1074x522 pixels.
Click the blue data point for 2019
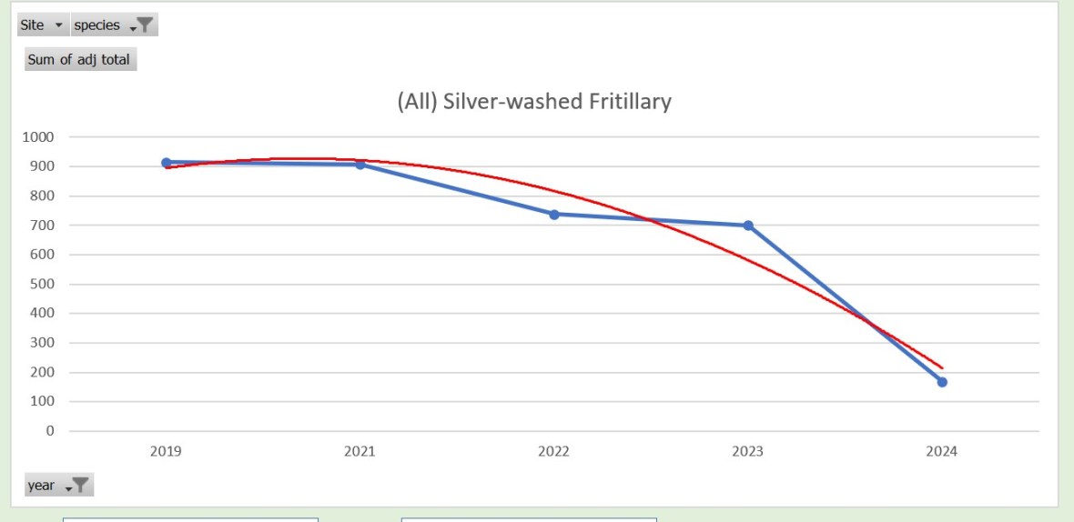(167, 163)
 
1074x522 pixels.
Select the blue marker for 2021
(360, 165)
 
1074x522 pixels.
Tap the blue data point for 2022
(553, 214)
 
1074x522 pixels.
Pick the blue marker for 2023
(748, 226)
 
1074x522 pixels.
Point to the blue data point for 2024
(942, 382)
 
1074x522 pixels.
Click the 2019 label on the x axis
(166, 451)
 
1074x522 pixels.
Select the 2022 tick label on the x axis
(553, 451)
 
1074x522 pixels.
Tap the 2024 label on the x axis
(941, 451)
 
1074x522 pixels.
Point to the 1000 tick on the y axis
(39, 137)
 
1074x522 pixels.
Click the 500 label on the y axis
(43, 284)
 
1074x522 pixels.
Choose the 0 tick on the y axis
(50, 430)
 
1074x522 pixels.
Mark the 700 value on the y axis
(43, 226)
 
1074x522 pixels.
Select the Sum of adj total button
(79, 60)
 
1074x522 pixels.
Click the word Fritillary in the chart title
(629, 101)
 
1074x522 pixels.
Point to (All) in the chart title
(415, 101)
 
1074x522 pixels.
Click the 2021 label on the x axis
(360, 451)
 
